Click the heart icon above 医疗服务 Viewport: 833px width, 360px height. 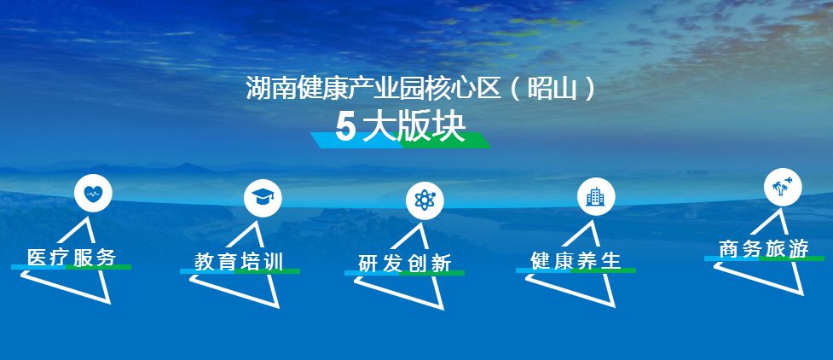pyautogui.click(x=93, y=194)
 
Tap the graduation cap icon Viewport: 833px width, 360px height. pyautogui.click(x=263, y=197)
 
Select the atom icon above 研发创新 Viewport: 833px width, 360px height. pyautogui.click(x=425, y=200)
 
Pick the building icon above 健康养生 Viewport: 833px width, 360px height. pyautogui.click(x=595, y=197)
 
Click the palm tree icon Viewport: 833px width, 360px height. pyautogui.click(x=783, y=187)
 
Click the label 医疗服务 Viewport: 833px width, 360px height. pyautogui.click(x=72, y=258)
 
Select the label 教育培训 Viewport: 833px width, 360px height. pyautogui.click(x=239, y=262)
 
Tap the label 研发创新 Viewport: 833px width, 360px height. pyautogui.click(x=405, y=264)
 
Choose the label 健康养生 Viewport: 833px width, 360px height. pyautogui.click(x=576, y=260)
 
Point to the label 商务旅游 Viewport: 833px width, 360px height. pyautogui.click(x=764, y=249)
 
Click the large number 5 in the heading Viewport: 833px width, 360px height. pyautogui.click(x=344, y=128)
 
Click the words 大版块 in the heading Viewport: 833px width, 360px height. pyautogui.click(x=414, y=128)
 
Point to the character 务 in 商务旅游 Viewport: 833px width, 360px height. pyautogui.click(x=752, y=249)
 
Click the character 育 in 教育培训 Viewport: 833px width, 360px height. pyautogui.click(x=228, y=262)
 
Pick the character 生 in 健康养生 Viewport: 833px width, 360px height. pyautogui.click(x=611, y=260)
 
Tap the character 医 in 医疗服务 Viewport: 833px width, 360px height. pyautogui.click(x=38, y=258)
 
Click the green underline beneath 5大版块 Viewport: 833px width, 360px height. pyautogui.click(x=444, y=141)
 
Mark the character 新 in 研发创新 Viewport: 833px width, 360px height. pyautogui.click(x=442, y=264)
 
